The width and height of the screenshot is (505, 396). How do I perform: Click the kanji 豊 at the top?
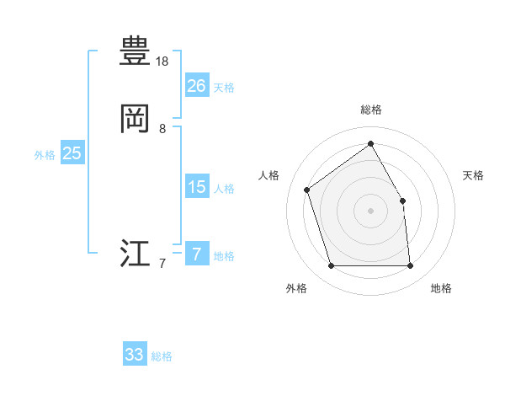(x=135, y=51)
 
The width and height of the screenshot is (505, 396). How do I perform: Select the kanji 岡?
(x=135, y=119)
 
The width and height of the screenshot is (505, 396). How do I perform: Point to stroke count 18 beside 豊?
(x=162, y=62)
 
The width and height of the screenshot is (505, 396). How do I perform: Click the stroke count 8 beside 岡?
(x=162, y=129)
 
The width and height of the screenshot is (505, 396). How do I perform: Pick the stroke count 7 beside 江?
(x=162, y=264)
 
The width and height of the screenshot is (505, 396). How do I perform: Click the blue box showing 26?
(x=196, y=85)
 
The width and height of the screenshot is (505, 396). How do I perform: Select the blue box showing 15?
(x=196, y=187)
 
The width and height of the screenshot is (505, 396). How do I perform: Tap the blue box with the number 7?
(x=196, y=254)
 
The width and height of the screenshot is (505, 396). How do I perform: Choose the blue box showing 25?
(x=72, y=153)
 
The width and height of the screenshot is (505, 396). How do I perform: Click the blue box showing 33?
(x=135, y=355)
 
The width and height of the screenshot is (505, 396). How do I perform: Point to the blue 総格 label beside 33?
(x=162, y=356)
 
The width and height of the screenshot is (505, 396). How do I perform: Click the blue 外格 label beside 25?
(x=45, y=155)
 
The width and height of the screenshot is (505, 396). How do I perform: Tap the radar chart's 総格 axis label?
(x=370, y=110)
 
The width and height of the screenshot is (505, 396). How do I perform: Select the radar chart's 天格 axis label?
(x=474, y=175)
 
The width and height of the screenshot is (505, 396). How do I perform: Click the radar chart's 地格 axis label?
(x=441, y=289)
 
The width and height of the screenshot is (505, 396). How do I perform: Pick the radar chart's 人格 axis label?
(x=269, y=175)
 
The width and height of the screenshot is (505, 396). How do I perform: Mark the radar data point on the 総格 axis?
(x=370, y=143)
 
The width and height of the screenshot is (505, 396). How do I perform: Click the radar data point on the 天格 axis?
(x=402, y=201)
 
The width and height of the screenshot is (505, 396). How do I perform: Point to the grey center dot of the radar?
(x=370, y=211)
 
